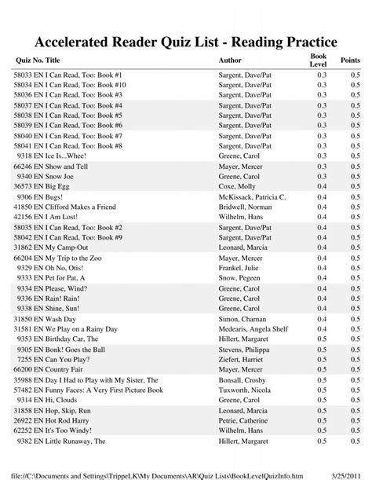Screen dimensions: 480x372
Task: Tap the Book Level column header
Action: tap(318, 60)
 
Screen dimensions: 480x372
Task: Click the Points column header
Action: tap(351, 60)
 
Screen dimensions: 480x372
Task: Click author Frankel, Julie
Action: tap(240, 268)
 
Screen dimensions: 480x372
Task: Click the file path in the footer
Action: tap(157, 472)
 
